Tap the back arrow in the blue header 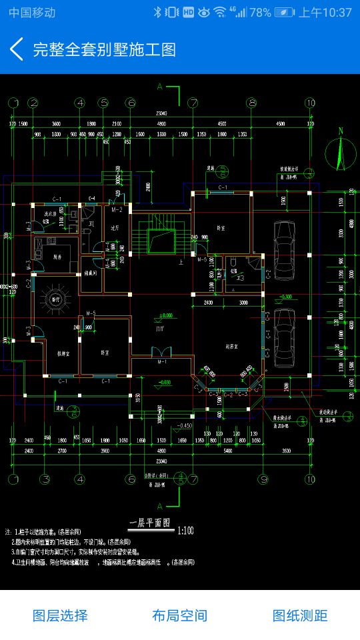coord(17,49)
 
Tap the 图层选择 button coord(60,615)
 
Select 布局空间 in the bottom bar coord(179,615)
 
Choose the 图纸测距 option coord(300,615)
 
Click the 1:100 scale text coord(186,531)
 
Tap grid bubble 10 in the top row coord(310,103)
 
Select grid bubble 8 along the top coord(251,103)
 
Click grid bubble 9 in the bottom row coord(263,479)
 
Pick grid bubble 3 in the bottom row coord(45,479)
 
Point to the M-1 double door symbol coord(161,353)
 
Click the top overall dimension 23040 coord(161,113)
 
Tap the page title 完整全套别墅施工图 coord(104,49)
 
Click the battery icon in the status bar coord(283,12)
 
